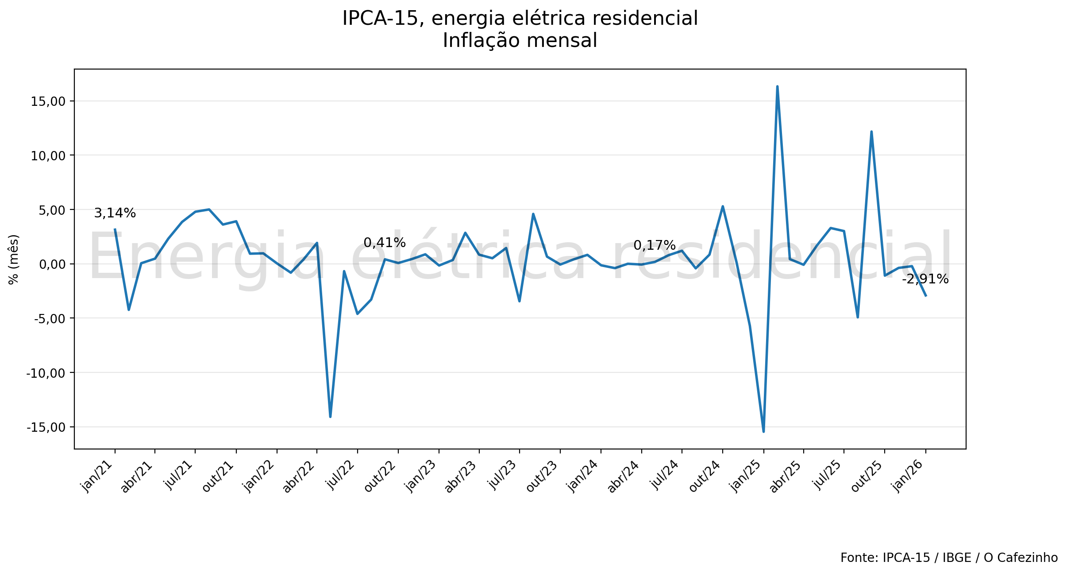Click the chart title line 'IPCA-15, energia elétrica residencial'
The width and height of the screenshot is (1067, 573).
point(520,19)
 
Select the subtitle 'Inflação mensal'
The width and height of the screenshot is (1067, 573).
point(520,41)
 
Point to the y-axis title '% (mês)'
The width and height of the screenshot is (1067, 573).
point(13,259)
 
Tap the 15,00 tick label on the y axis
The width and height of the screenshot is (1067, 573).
point(48,101)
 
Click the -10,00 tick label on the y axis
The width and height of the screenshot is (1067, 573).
point(46,373)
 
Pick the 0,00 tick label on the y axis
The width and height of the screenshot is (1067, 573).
point(52,264)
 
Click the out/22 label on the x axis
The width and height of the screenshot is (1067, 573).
point(380,476)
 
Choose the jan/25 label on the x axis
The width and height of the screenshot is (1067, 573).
point(746,476)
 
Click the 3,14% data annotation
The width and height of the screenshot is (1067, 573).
point(115,213)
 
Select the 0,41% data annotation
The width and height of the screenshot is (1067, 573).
point(384,243)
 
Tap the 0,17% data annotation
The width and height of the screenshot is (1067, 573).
point(654,245)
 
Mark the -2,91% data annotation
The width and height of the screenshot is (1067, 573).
point(925,279)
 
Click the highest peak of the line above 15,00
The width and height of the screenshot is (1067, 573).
point(777,87)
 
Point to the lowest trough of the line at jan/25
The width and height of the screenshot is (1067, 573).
point(763,431)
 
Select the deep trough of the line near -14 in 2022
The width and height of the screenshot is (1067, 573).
point(330,416)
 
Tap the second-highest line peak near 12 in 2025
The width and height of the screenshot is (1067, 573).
point(871,132)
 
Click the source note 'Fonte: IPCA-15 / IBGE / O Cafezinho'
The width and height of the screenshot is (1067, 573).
point(949,558)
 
